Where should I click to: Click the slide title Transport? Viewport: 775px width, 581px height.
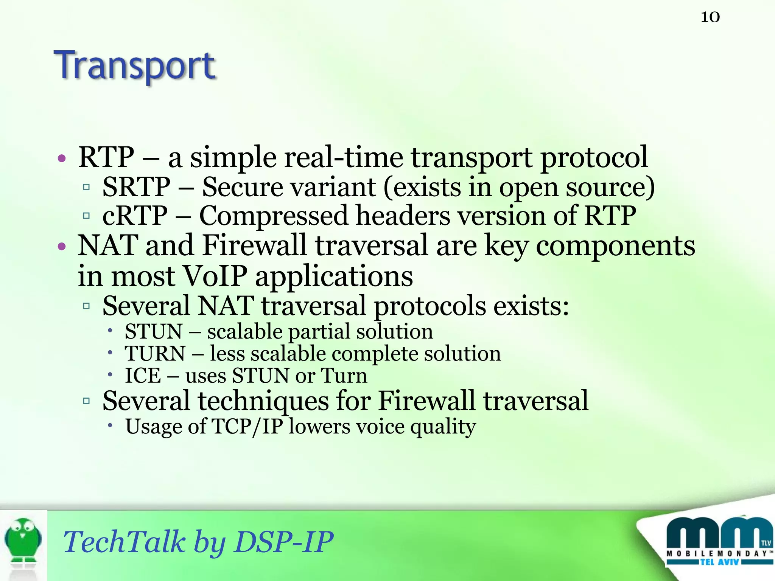[x=135, y=66]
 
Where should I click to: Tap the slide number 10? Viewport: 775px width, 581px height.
[x=710, y=17]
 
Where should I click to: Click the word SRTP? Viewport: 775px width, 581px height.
[x=136, y=187]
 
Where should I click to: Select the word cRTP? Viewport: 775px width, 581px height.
[x=135, y=216]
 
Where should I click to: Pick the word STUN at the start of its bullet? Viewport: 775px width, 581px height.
[x=154, y=332]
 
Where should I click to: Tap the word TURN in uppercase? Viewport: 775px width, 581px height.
[x=155, y=354]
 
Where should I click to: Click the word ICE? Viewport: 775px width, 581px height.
[x=143, y=376]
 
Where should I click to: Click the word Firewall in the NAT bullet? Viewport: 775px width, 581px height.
[x=254, y=246]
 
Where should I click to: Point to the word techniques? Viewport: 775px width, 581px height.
[x=263, y=401]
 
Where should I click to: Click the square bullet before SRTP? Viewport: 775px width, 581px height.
[x=86, y=187]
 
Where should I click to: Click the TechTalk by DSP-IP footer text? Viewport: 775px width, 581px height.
[x=198, y=542]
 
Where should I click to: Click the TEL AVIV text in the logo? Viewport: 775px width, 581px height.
[x=719, y=562]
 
